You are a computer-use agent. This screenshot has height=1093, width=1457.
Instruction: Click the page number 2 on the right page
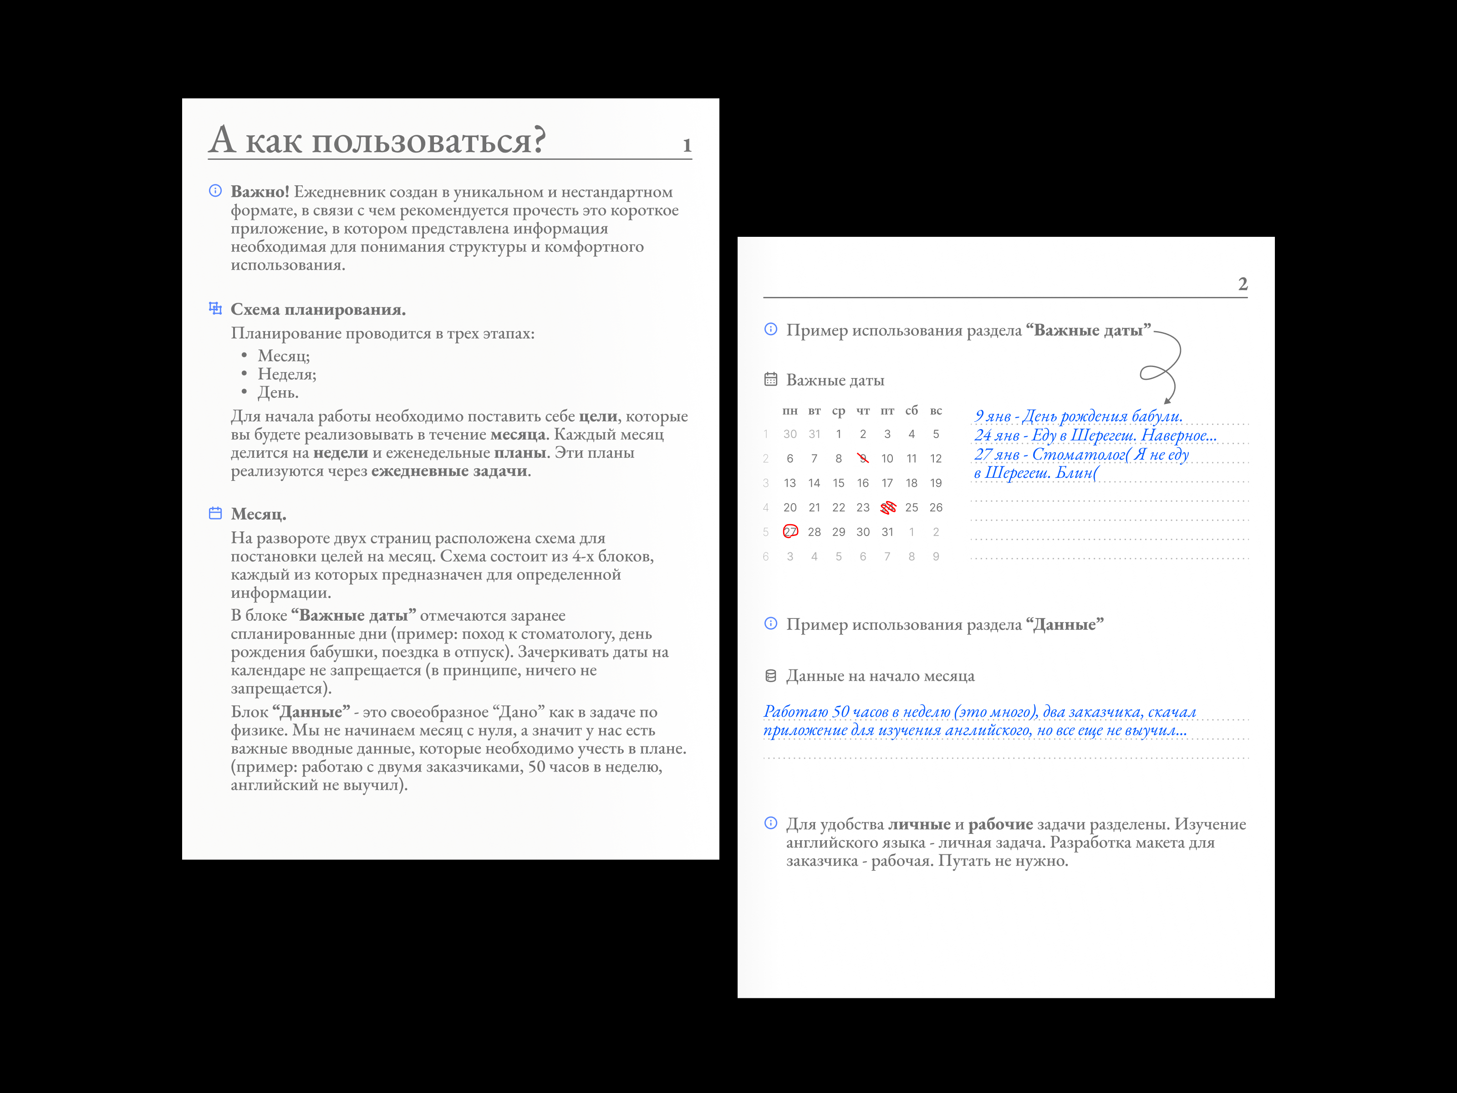coord(1242,284)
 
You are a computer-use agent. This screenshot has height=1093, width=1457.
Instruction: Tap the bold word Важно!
coord(260,192)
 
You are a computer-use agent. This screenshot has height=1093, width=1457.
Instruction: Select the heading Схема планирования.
coord(318,310)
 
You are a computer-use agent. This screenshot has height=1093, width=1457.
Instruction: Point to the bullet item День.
coord(278,393)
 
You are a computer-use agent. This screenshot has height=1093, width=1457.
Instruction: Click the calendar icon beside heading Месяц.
coord(215,513)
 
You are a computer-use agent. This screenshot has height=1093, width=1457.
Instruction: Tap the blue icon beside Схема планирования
coord(215,308)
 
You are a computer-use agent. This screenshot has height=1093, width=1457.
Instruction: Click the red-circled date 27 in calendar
coord(790,531)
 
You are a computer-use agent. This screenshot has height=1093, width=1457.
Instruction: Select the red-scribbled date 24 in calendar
coord(888,507)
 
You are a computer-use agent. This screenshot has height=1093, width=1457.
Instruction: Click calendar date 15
coord(839,483)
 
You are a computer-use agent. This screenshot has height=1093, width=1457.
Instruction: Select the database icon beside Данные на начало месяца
coord(771,676)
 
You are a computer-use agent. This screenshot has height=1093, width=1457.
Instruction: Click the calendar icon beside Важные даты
coord(771,379)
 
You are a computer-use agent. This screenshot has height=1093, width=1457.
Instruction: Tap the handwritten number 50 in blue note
coord(841,712)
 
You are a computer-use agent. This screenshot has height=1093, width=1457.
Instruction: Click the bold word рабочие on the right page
coord(1000,824)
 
